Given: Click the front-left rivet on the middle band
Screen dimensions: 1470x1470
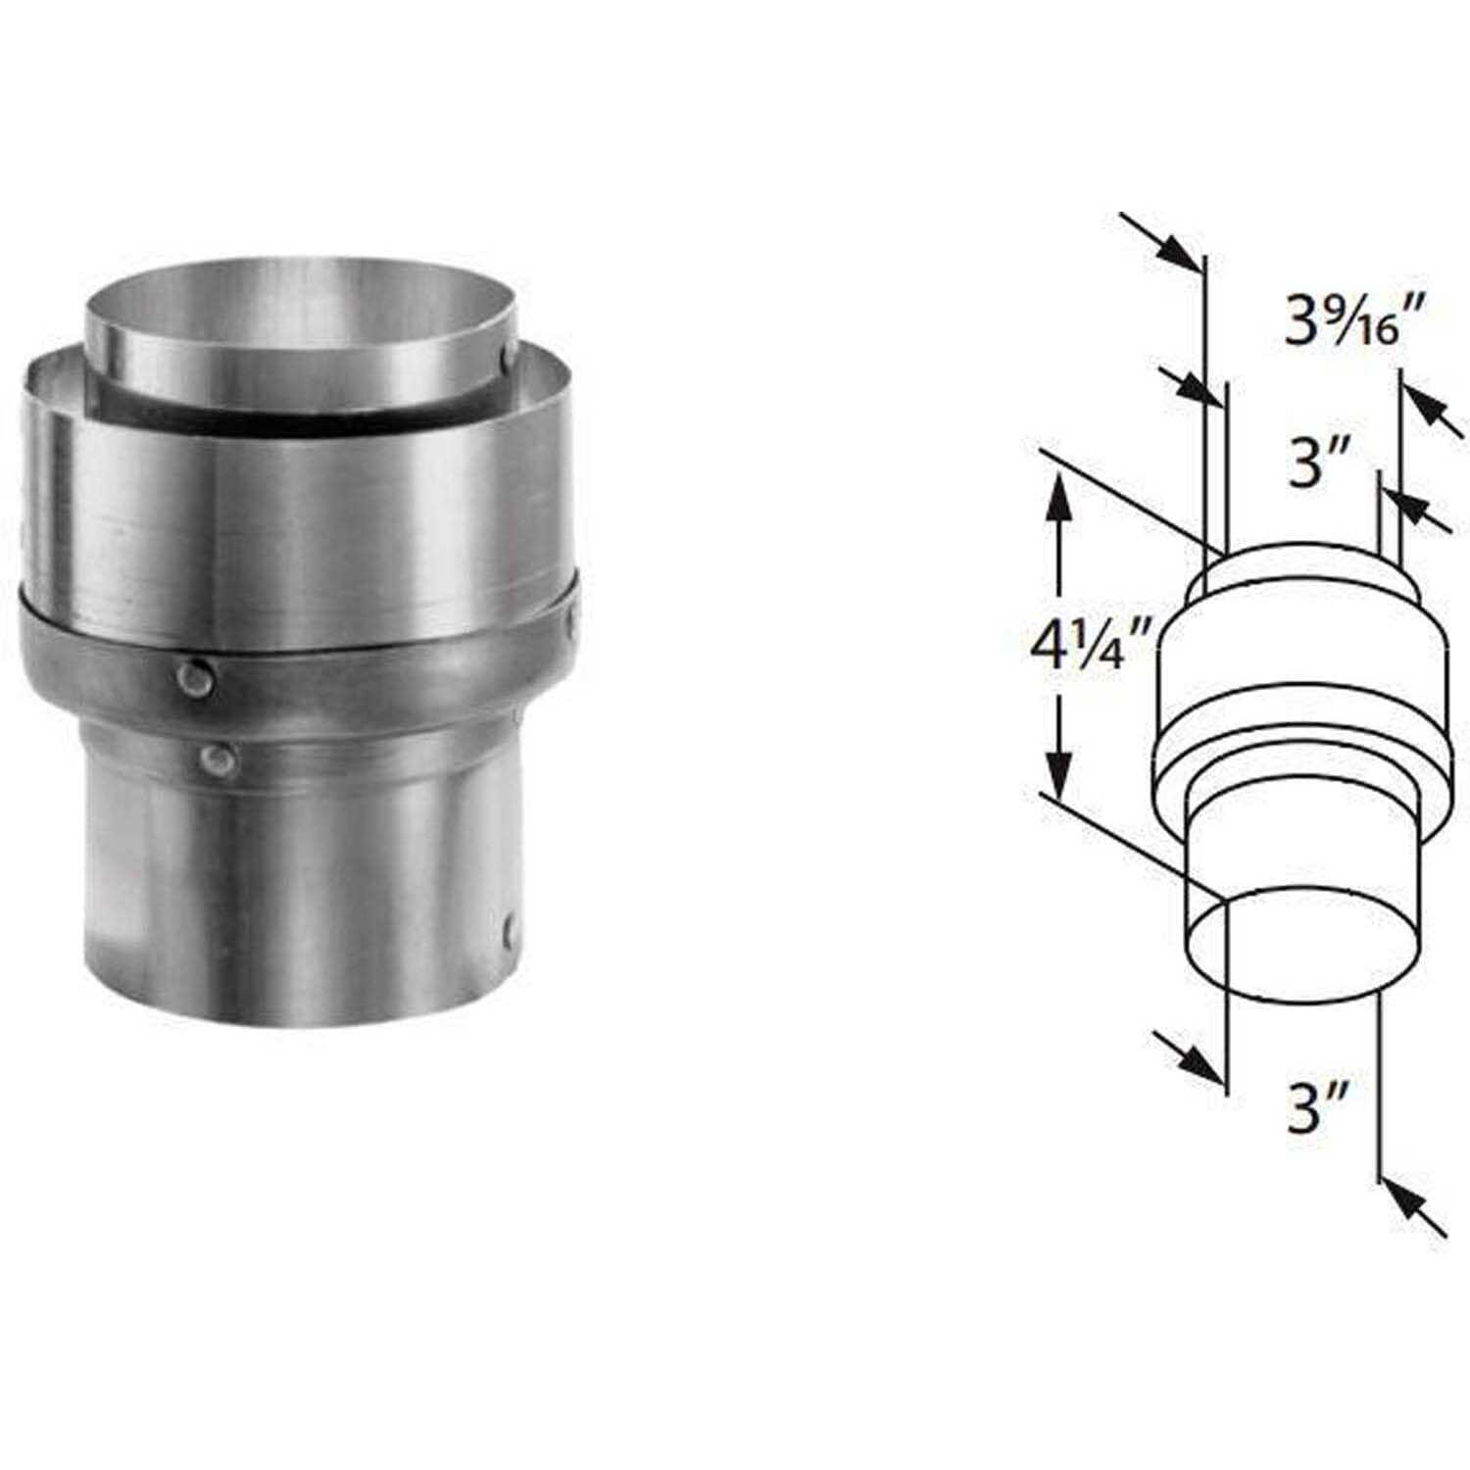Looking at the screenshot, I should click(x=194, y=676).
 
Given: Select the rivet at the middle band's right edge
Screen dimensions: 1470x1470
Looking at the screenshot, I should click(x=570, y=617).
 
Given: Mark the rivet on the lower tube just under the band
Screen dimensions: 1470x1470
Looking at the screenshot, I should click(x=215, y=758).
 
